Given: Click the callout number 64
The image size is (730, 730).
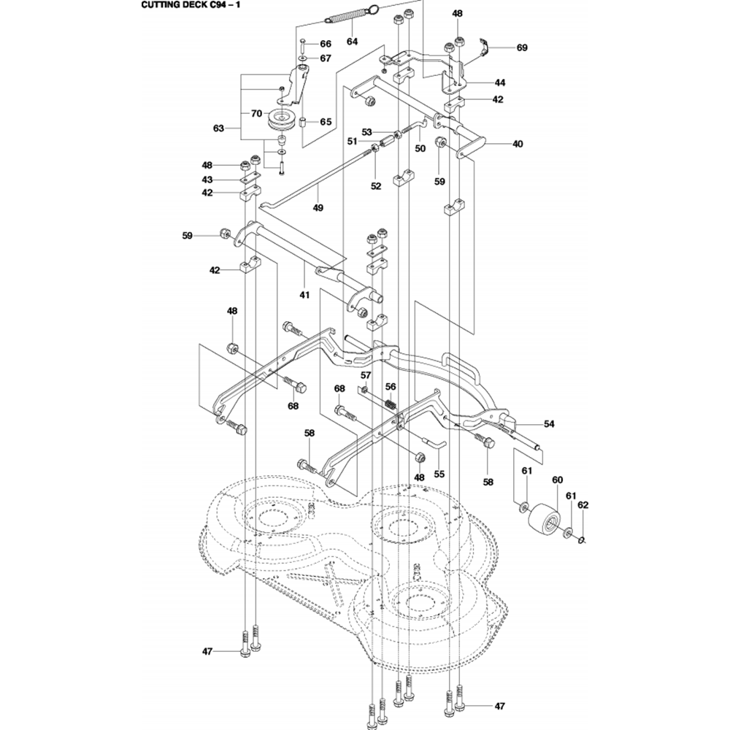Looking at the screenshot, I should click(x=353, y=42).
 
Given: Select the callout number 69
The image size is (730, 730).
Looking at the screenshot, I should click(x=521, y=47).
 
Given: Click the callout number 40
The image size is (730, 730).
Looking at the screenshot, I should click(x=517, y=144).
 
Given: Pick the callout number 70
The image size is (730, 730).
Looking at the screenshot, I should click(x=256, y=113).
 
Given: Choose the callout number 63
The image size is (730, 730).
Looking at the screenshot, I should click(x=218, y=128).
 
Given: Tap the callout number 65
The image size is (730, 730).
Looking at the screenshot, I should click(x=326, y=122).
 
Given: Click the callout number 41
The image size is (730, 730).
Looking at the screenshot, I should click(x=304, y=295).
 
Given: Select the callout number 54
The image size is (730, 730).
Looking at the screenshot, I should click(x=549, y=423).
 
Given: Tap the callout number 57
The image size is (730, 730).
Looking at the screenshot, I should click(x=366, y=375).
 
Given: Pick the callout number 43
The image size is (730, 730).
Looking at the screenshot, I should click(x=207, y=180).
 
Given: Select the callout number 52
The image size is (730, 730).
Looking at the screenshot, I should click(x=375, y=186).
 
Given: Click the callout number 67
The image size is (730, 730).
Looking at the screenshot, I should click(x=326, y=58).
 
